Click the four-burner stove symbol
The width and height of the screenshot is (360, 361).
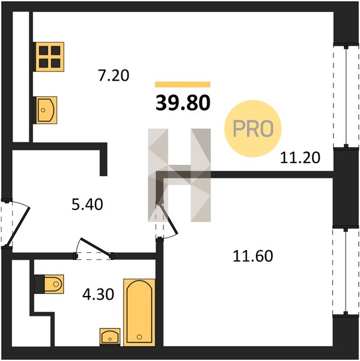click(x=49, y=57)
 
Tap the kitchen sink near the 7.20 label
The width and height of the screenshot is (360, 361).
click(x=45, y=110)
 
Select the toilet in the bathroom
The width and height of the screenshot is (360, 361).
click(x=49, y=284)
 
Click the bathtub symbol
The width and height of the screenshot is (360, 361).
click(x=139, y=312)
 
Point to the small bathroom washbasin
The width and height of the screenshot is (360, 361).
click(x=110, y=337)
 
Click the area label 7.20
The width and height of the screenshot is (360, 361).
click(x=114, y=76)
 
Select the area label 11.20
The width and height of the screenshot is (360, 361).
click(x=300, y=158)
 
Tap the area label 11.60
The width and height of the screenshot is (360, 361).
click(x=253, y=256)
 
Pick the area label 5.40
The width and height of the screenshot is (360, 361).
click(x=87, y=205)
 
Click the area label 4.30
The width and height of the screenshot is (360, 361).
click(x=98, y=294)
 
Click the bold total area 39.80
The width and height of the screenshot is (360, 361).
click(x=183, y=103)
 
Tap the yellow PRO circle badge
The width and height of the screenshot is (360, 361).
click(x=253, y=129)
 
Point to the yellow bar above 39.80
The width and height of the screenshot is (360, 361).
click(x=183, y=84)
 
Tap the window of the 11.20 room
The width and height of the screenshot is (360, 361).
click(x=346, y=97)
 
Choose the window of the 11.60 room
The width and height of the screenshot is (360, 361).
click(x=346, y=272)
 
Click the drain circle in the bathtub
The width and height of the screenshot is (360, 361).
click(x=139, y=337)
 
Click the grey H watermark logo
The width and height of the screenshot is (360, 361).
click(x=179, y=175)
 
